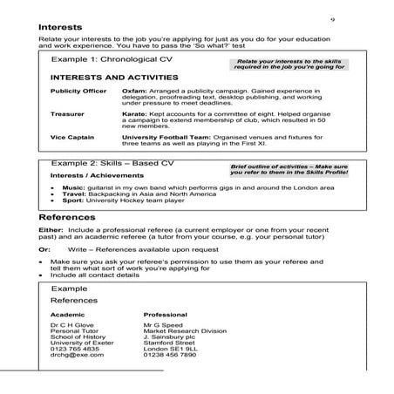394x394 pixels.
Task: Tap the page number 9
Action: click(332, 18)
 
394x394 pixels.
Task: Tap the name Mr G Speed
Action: click(164, 325)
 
